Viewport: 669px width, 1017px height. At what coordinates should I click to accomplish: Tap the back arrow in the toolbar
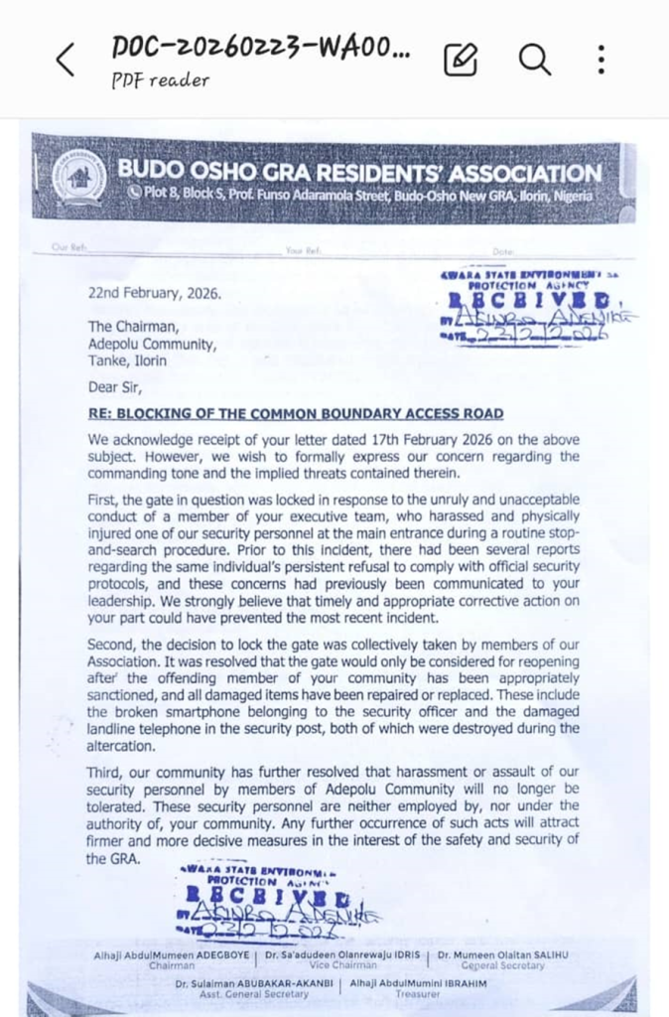65,61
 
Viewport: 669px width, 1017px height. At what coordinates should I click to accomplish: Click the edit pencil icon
460,61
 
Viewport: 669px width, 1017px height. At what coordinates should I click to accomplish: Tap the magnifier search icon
534,60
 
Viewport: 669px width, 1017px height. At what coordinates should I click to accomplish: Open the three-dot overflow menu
602,60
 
